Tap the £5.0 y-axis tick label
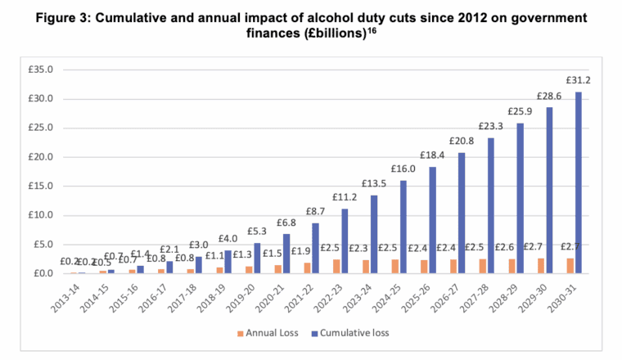43,244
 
